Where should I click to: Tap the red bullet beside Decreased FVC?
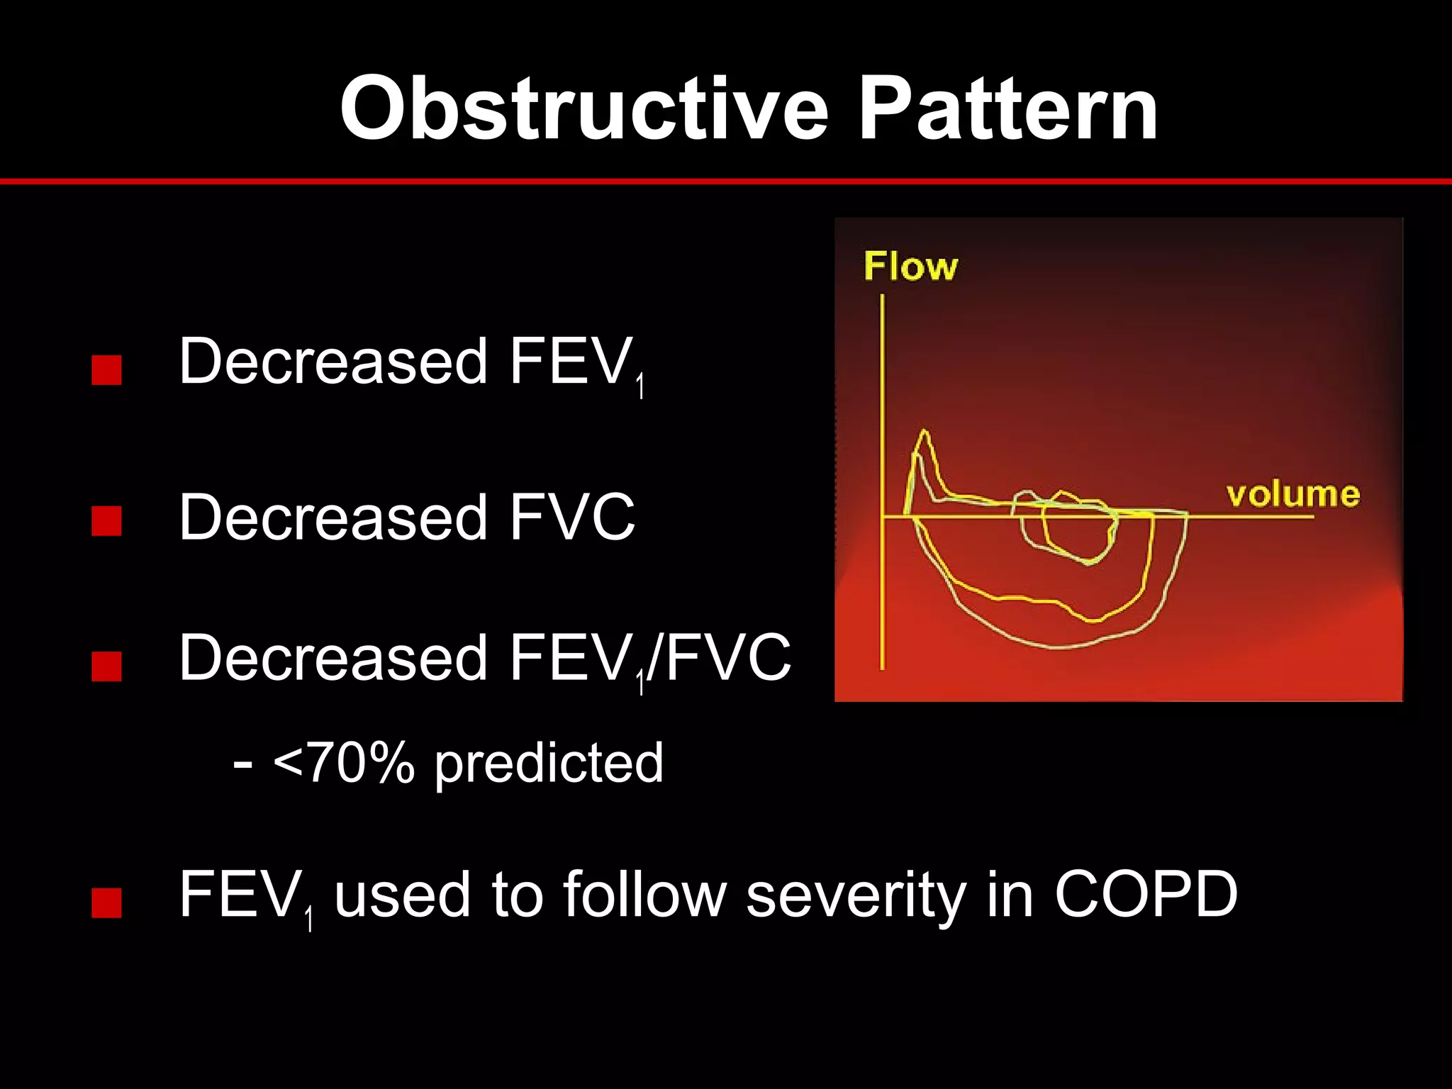point(106,521)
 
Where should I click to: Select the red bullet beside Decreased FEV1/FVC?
point(106,666)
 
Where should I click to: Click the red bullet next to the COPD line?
point(106,903)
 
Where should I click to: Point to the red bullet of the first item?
point(106,370)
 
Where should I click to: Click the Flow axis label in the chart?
point(910,267)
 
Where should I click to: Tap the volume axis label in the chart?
point(1292,494)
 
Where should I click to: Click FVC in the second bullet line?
point(571,518)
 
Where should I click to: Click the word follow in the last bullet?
point(645,895)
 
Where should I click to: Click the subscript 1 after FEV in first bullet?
point(640,388)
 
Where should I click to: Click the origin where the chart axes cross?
point(883,516)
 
